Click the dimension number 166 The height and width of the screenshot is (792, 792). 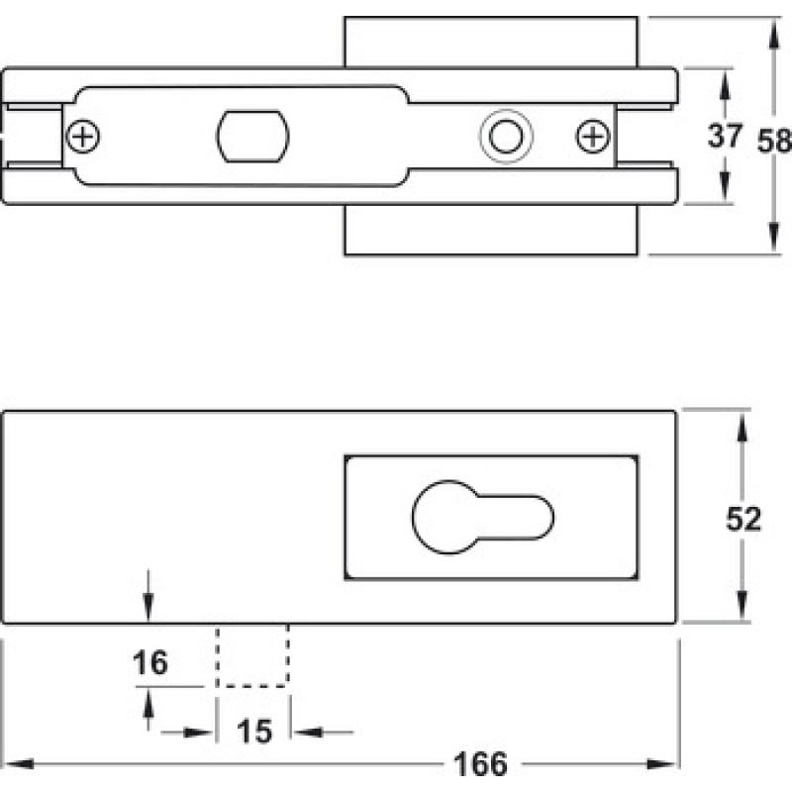(480, 764)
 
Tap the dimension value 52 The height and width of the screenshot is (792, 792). (743, 518)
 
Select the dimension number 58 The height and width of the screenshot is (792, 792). (774, 141)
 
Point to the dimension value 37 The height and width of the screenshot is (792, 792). (725, 136)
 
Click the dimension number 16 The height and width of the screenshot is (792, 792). (150, 662)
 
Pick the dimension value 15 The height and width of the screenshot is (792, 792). (254, 731)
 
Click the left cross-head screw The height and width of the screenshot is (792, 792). (83, 137)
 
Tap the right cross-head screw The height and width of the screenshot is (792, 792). (592, 137)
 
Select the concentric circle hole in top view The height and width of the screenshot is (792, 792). (506, 137)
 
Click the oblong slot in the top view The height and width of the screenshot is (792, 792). (253, 137)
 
